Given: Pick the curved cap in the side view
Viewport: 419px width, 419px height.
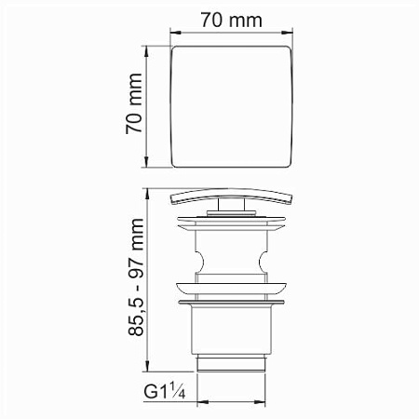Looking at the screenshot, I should [x=232, y=196].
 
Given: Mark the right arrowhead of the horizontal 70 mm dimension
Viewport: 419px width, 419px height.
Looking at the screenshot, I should [x=287, y=33].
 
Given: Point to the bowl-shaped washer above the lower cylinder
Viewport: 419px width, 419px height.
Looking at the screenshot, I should [x=232, y=289].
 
